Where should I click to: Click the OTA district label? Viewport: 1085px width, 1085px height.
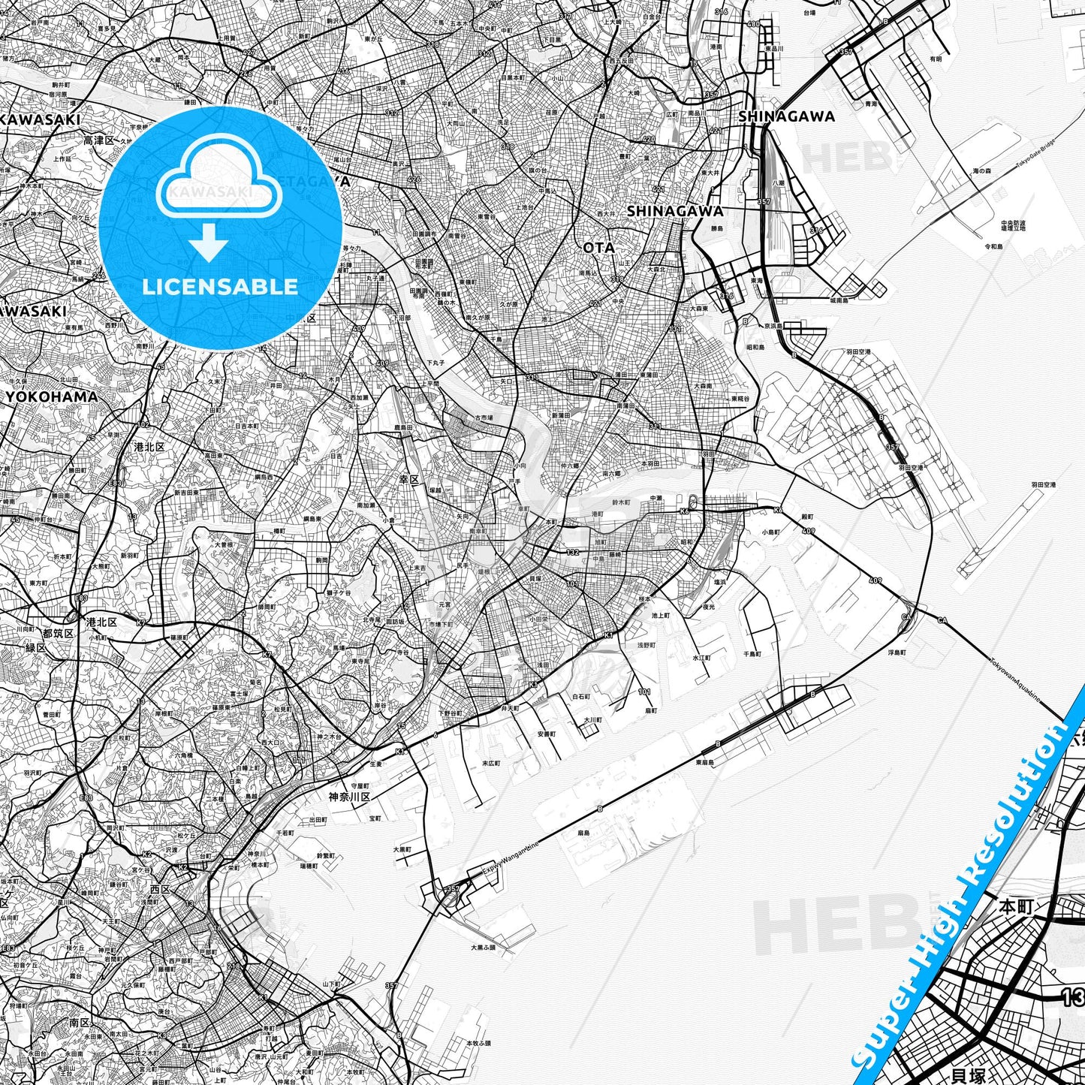(x=598, y=247)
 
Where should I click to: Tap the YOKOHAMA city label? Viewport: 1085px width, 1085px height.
(x=51, y=396)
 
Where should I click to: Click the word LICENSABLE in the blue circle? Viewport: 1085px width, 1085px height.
(x=220, y=287)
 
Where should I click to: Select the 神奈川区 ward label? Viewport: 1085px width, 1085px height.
(x=349, y=797)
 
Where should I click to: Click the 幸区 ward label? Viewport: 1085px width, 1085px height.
(x=408, y=478)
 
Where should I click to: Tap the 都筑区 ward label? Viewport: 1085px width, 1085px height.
(x=58, y=633)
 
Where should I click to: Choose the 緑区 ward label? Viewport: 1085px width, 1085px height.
(x=36, y=647)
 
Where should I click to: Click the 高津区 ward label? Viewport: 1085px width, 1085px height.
(x=98, y=140)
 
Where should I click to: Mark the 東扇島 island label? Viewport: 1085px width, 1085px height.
(x=704, y=762)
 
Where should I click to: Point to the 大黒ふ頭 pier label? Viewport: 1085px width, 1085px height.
(x=484, y=948)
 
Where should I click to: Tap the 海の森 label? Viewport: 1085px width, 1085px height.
(x=982, y=172)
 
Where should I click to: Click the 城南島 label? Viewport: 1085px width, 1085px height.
(x=839, y=300)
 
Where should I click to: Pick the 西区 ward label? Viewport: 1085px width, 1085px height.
(x=161, y=888)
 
